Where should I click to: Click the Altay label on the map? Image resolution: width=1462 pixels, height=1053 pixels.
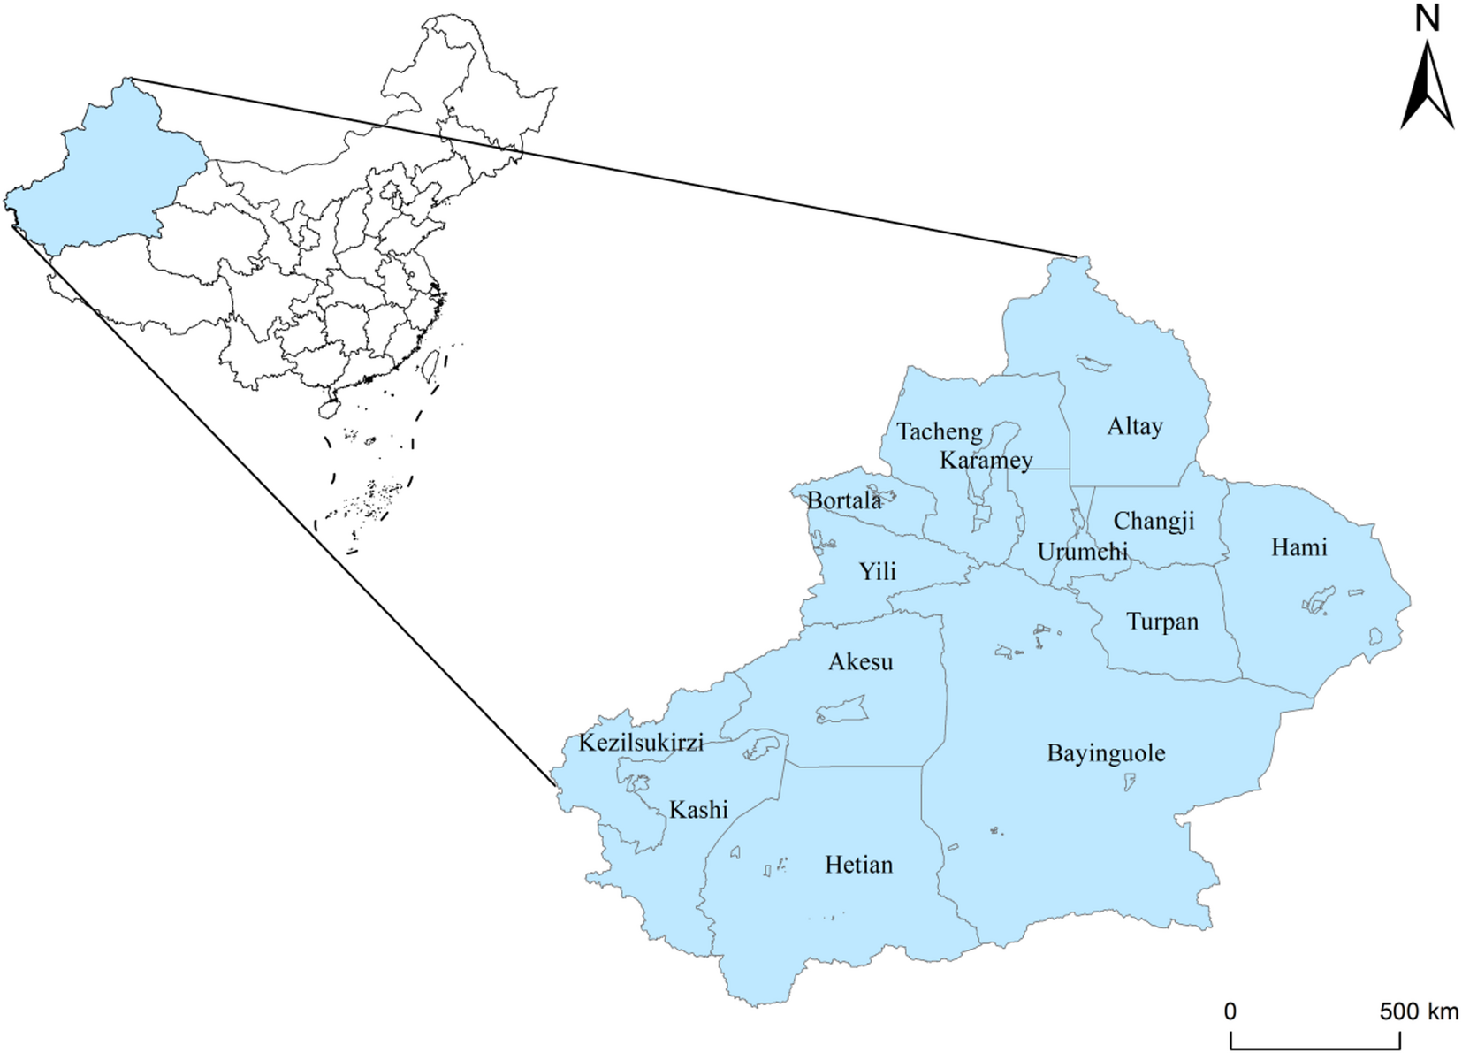coord(1134,427)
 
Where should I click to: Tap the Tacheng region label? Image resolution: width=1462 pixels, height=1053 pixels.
coord(939,431)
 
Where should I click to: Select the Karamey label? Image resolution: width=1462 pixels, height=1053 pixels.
coord(986,460)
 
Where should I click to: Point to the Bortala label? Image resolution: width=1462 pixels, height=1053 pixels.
coord(844,501)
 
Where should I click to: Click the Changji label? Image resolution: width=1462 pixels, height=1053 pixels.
coord(1154,522)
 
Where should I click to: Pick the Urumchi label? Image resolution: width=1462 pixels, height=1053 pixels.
coord(1082,552)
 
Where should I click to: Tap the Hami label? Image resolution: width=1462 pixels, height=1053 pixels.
coord(1298,547)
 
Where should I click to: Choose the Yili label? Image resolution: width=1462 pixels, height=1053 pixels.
coord(878,571)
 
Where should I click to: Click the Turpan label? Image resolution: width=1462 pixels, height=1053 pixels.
coord(1162,622)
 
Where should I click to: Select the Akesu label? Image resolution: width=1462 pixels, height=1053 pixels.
coord(860,662)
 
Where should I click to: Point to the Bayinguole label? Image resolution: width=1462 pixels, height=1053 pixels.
coord(1106,753)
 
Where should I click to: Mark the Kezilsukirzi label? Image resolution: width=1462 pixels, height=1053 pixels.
coord(641,743)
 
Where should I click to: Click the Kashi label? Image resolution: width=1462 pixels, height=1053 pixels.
coord(698,809)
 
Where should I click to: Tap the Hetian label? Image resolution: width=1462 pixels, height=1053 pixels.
coord(858,865)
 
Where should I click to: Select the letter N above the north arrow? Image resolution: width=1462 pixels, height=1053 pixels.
coord(1427,19)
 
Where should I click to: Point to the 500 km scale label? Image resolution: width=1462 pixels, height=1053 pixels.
coord(1420,1011)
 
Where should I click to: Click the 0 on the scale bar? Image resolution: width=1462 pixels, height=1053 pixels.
coord(1230,1011)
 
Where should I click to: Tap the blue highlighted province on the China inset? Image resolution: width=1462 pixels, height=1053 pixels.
coord(97,177)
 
